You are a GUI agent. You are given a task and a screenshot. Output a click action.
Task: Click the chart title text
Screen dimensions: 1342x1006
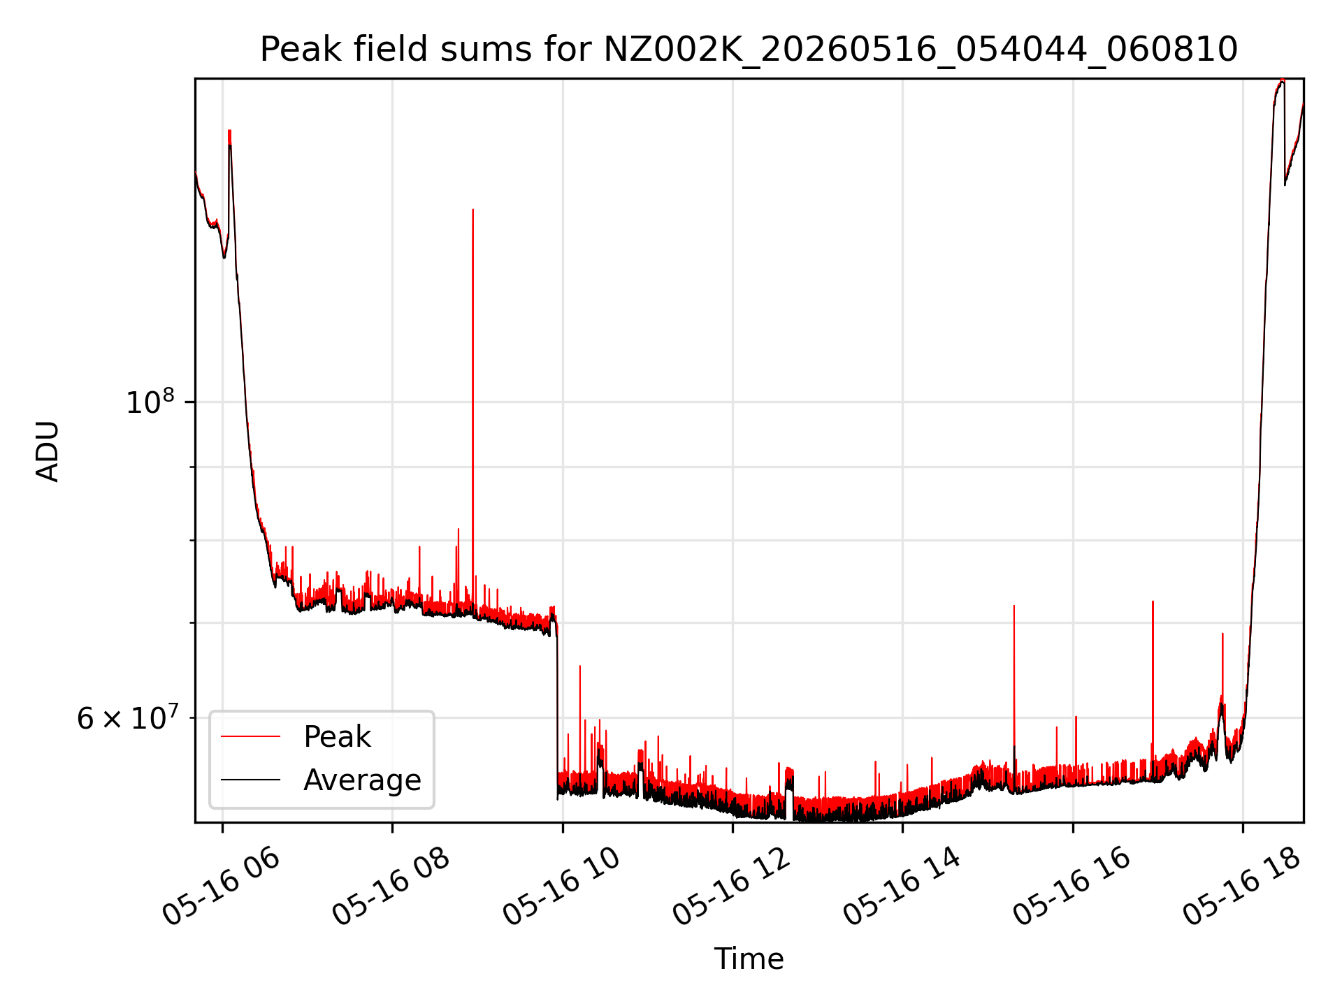pyautogui.click(x=749, y=50)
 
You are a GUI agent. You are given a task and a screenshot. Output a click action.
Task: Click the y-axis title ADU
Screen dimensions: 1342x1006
pyautogui.click(x=48, y=451)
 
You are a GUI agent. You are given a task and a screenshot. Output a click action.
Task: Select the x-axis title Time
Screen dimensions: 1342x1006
pyautogui.click(x=749, y=958)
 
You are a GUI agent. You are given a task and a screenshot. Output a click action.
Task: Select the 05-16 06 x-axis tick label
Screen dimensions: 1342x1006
pyautogui.click(x=221, y=887)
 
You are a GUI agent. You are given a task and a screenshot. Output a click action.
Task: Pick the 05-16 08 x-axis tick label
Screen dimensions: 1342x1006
pyautogui.click(x=391, y=887)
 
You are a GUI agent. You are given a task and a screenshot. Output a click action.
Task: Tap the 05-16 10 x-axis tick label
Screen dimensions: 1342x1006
pyautogui.click(x=561, y=887)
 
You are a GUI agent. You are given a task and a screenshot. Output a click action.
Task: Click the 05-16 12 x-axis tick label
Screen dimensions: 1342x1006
pyautogui.click(x=731, y=887)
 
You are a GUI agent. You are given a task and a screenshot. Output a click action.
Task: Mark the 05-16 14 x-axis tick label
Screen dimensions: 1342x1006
pyautogui.click(x=902, y=887)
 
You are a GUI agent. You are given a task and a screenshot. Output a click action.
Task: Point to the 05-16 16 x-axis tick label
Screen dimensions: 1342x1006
pyautogui.click(x=1072, y=887)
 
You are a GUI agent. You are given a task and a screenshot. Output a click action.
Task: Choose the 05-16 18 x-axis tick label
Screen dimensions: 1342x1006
pyautogui.click(x=1241, y=887)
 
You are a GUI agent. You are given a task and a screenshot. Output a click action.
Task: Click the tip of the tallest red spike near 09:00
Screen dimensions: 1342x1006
pyautogui.click(x=472, y=209)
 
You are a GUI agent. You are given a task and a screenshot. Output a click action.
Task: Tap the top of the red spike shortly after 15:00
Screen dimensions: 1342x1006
pyautogui.click(x=1013, y=606)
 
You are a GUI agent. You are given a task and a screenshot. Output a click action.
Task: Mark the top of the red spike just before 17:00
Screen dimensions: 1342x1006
pyautogui.click(x=1153, y=601)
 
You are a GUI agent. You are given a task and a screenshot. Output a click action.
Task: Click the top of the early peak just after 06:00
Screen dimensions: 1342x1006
pyautogui.click(x=229, y=131)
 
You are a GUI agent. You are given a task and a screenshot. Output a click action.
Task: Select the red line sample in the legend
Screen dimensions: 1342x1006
pyautogui.click(x=250, y=736)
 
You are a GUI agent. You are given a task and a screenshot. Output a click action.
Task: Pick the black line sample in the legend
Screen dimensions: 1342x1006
pyautogui.click(x=250, y=780)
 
